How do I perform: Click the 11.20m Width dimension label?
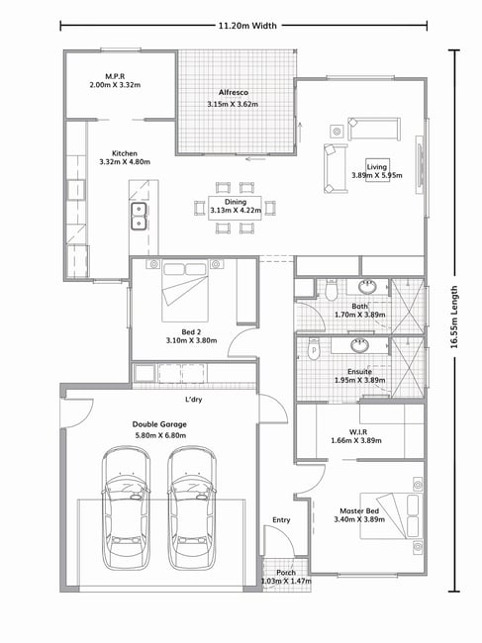(247, 26)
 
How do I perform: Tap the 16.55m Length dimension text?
(454, 317)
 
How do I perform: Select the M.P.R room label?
(115, 76)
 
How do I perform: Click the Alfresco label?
(233, 93)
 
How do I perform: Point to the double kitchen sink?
(140, 217)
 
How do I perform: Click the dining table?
(235, 208)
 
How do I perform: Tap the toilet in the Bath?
(331, 289)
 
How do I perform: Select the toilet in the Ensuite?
(314, 349)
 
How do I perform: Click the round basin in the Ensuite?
(359, 345)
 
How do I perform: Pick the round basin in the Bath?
(367, 287)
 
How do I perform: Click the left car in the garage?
(126, 508)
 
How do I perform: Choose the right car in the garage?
(192, 508)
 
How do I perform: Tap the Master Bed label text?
(359, 511)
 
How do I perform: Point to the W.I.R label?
(358, 432)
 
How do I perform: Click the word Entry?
(281, 520)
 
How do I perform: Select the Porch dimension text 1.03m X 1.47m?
(286, 581)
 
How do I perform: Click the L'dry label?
(194, 400)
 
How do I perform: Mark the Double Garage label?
(159, 424)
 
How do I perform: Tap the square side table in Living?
(337, 132)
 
